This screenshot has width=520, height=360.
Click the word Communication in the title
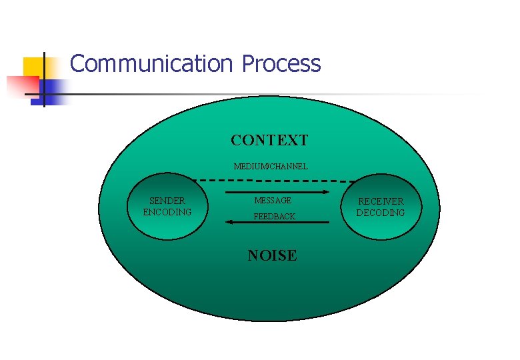click(x=150, y=64)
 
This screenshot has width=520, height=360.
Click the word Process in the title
click(x=281, y=64)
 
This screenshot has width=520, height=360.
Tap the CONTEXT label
click(x=269, y=141)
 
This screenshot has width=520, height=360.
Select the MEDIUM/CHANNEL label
click(x=271, y=166)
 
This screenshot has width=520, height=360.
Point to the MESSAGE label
click(x=273, y=201)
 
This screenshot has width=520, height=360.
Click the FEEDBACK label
click(x=274, y=217)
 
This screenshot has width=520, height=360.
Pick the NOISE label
click(x=272, y=255)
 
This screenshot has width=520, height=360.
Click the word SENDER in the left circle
click(x=167, y=201)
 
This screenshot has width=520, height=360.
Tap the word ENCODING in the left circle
click(x=167, y=212)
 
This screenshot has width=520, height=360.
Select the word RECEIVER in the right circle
click(x=381, y=201)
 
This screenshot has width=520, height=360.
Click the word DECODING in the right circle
click(x=381, y=213)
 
